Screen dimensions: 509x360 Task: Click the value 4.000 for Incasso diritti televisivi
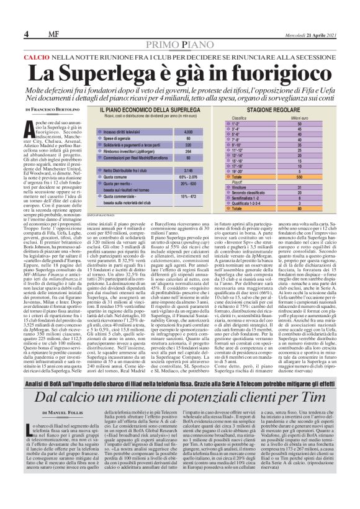click(x=187, y=132)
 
